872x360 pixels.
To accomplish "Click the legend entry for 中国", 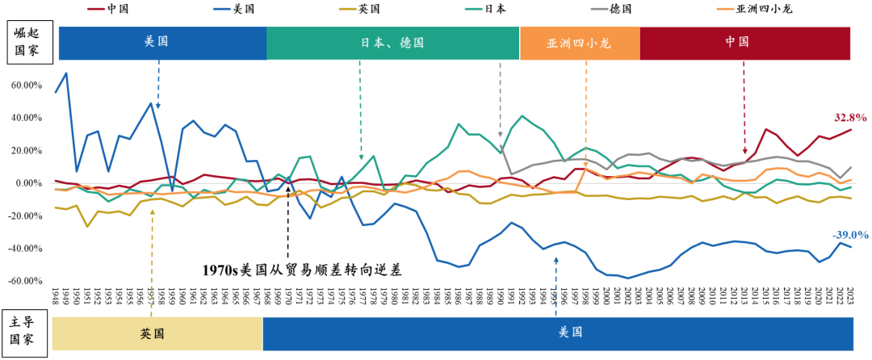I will click(x=117, y=9).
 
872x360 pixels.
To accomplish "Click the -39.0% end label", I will click(x=850, y=235).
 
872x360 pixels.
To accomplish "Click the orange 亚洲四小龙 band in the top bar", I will click(x=579, y=43).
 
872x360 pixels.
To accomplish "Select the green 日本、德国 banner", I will click(x=392, y=43).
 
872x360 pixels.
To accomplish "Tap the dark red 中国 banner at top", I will click(x=746, y=43).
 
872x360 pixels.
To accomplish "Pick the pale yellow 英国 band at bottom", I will click(x=158, y=333).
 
